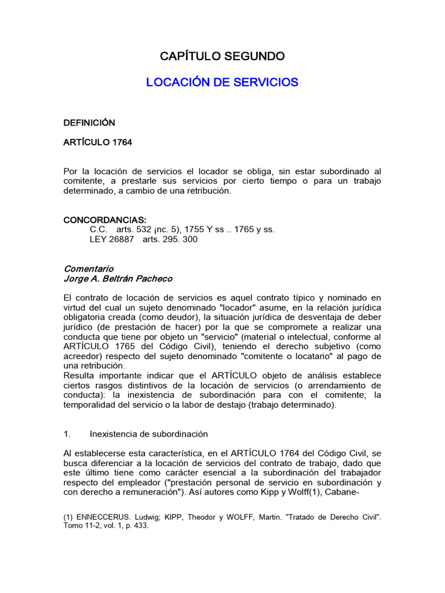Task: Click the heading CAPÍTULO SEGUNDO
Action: pyautogui.click(x=222, y=56)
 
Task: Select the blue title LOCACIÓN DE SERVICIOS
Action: pyautogui.click(x=222, y=82)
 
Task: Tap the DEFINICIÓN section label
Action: pyautogui.click(x=89, y=123)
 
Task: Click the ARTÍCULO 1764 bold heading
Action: pyautogui.click(x=97, y=142)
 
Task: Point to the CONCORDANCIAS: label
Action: pyautogui.click(x=104, y=220)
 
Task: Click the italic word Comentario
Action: pyautogui.click(x=88, y=269)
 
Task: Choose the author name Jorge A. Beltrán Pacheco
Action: pyautogui.click(x=118, y=279)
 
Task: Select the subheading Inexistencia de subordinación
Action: pyautogui.click(x=149, y=434)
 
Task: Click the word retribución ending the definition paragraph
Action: pyautogui.click(x=206, y=191)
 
